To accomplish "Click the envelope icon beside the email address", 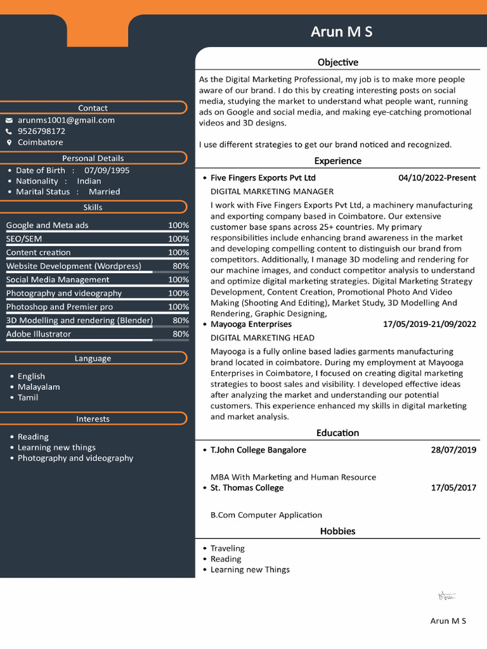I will click(x=10, y=120).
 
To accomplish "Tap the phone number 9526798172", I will click(x=41, y=131).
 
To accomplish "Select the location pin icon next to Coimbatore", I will click(x=10, y=143).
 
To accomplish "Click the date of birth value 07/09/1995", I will click(x=107, y=170).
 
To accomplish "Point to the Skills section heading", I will click(x=93, y=207).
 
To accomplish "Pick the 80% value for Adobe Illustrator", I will click(x=180, y=334).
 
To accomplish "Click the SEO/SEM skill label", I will click(x=24, y=239).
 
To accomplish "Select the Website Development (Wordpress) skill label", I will click(x=74, y=266).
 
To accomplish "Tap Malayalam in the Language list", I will click(x=39, y=387).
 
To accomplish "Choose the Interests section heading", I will click(x=93, y=419).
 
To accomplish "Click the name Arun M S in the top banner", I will click(x=341, y=32).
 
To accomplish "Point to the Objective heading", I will click(x=337, y=62).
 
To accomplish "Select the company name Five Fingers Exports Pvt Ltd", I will click(x=263, y=178).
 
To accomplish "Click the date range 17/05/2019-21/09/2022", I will click(x=429, y=324).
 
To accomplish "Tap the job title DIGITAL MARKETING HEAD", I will click(x=262, y=338).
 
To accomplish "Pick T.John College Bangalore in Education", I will click(x=258, y=450).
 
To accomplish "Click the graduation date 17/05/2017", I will click(x=453, y=488).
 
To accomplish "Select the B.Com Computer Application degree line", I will click(x=266, y=515).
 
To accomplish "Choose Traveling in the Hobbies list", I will click(x=227, y=548).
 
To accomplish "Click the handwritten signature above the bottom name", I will click(x=447, y=596).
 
